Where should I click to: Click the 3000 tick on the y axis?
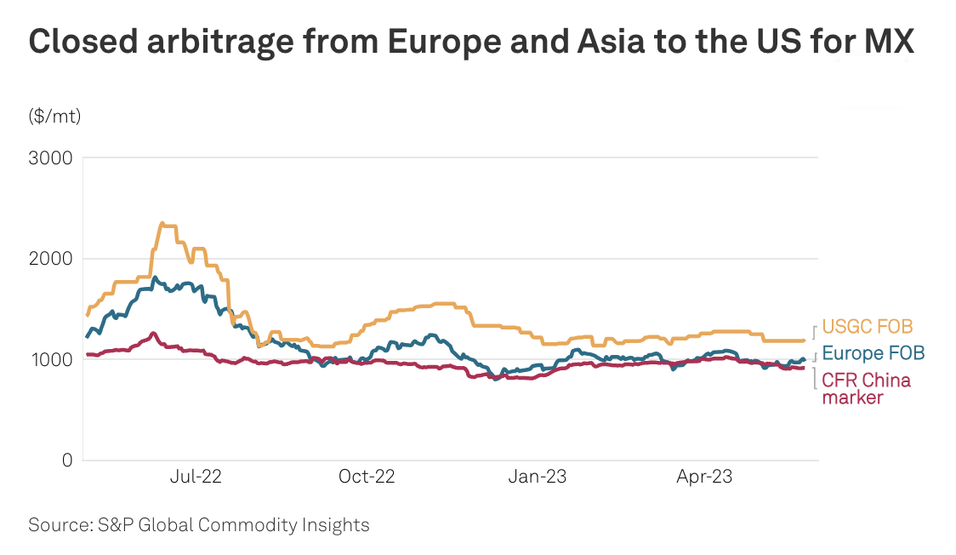point(53,158)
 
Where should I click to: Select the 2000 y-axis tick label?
point(53,259)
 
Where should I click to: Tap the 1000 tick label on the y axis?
point(53,359)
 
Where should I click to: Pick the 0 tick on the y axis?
point(66,461)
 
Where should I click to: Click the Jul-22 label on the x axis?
point(196,478)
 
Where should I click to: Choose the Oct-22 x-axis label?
point(367,478)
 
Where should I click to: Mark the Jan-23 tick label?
point(538,478)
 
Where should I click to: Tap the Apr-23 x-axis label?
point(704,478)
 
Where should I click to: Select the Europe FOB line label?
point(873,353)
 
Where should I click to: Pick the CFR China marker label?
point(866,388)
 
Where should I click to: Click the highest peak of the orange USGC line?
point(162,223)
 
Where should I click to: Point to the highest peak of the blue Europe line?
point(154,277)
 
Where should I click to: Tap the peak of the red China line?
point(153,333)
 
